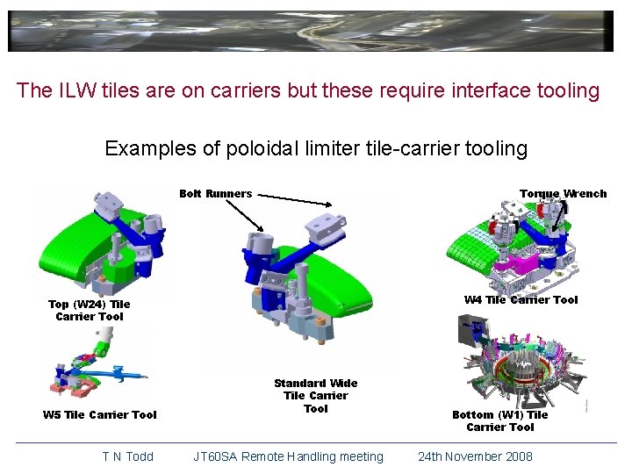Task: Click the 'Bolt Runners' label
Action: [x=215, y=193]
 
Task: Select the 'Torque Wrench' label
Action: [x=563, y=193]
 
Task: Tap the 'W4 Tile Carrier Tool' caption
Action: [x=521, y=299]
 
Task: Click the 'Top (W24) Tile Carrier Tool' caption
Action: [x=89, y=310]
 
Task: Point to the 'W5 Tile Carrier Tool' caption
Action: [x=99, y=414]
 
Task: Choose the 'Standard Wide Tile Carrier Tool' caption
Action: [x=315, y=395]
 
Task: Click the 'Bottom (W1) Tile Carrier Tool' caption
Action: [x=499, y=420]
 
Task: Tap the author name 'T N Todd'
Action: [x=127, y=456]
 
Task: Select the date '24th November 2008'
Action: [x=475, y=456]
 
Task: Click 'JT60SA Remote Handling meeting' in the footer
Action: [x=289, y=456]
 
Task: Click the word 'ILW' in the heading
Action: [x=78, y=90]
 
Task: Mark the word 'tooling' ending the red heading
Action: [x=567, y=90]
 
